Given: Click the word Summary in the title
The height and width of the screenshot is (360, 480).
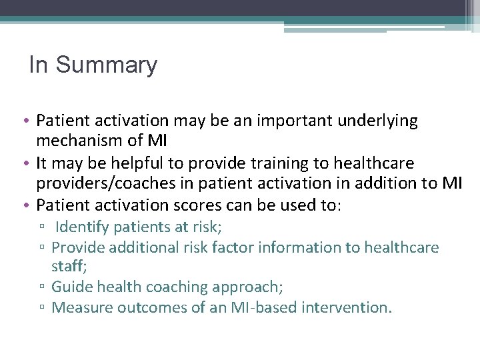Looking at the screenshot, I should (107, 65).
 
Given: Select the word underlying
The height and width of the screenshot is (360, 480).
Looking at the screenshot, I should (379, 121).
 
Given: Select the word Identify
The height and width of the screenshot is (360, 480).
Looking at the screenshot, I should (83, 227).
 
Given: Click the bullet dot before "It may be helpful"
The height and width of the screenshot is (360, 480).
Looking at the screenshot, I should (29, 163).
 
